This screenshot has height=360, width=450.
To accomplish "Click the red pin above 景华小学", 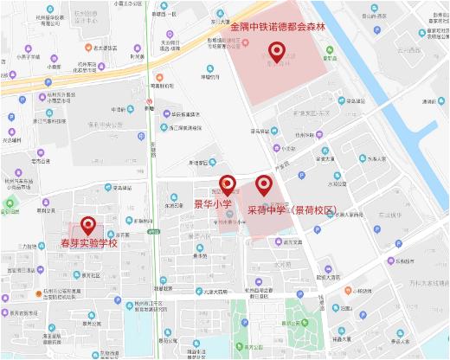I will tap(228, 184).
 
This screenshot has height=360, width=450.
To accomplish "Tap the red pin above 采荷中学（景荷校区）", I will tap(263, 184).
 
